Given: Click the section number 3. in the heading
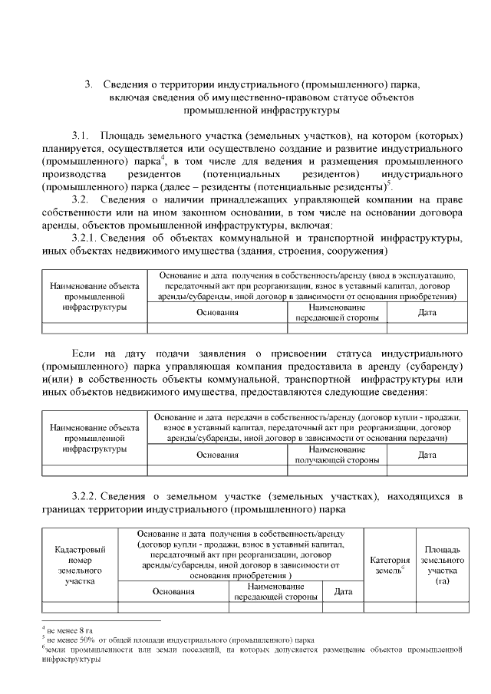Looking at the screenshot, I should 89,84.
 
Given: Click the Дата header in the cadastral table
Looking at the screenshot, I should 343,591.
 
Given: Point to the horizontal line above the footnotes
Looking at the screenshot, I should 100,620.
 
